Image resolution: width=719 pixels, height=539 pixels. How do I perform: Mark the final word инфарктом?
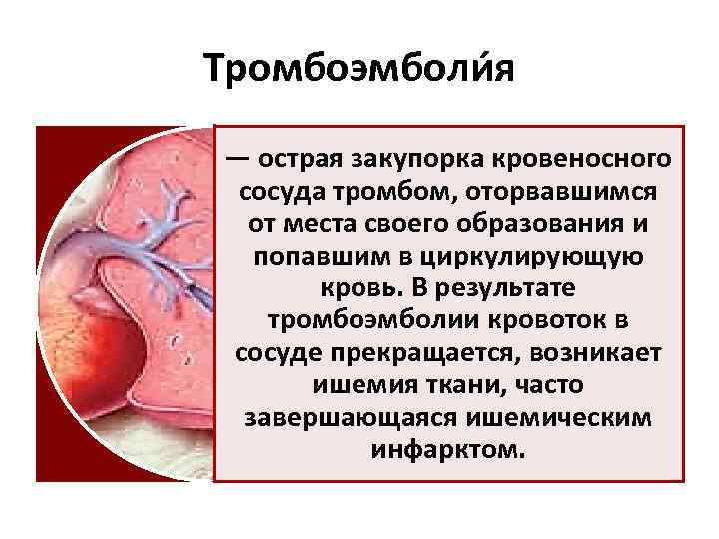coord(446,448)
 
